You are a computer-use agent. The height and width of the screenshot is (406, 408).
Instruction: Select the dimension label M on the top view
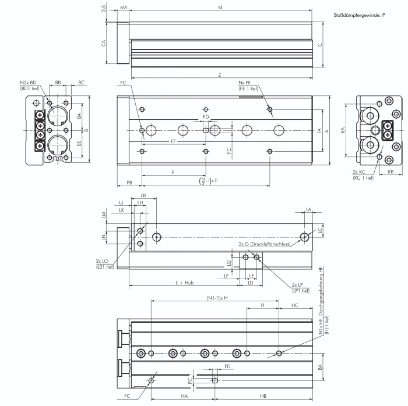(x=220, y=8)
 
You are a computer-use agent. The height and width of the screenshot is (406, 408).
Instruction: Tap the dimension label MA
(x=124, y=8)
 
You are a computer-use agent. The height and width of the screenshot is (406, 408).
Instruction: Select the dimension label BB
(x=58, y=83)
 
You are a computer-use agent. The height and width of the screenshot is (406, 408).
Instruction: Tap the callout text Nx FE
(x=245, y=83)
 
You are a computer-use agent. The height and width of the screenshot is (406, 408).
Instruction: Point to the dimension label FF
(x=173, y=141)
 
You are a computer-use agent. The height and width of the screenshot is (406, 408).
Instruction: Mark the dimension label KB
(x=390, y=172)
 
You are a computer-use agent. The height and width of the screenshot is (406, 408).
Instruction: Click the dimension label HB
(x=263, y=396)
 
